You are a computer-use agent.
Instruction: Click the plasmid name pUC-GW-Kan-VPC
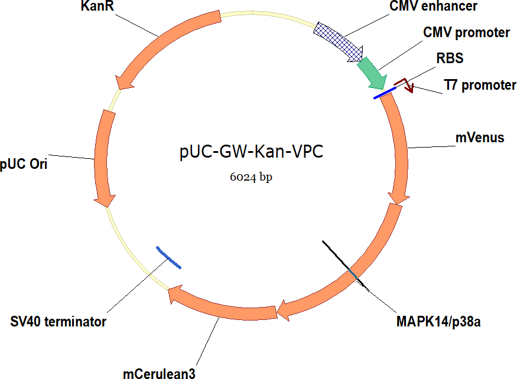252,152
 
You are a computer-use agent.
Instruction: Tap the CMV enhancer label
433,6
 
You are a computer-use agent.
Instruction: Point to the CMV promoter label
466,32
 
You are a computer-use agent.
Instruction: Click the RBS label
450,58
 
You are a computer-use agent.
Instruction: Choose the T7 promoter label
480,86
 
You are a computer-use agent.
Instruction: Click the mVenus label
480,138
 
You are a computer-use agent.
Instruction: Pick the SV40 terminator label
58,322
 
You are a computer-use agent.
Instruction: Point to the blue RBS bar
384,92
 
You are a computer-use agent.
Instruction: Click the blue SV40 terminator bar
168,257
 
